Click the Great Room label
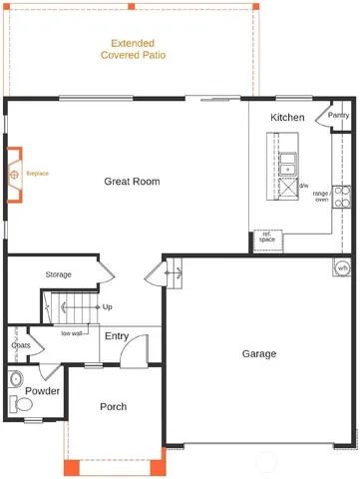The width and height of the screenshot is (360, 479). [133, 182]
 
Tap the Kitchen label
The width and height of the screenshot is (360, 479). [287, 118]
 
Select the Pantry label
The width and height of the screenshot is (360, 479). [339, 115]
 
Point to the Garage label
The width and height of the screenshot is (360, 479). [259, 353]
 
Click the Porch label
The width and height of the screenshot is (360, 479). [113, 407]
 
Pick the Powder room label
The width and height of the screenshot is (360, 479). [43, 391]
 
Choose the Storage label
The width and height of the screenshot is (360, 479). [58, 274]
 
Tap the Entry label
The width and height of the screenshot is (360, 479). [117, 336]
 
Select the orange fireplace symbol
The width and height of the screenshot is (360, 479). [14, 175]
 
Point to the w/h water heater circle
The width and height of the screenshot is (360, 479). [342, 267]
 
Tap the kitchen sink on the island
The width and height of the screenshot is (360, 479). [287, 163]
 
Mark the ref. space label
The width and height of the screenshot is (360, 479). [267, 238]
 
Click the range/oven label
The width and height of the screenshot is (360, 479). [321, 197]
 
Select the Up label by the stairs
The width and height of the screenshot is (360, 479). [107, 307]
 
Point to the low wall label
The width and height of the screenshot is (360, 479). [72, 333]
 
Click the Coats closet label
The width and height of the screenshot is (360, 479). [21, 346]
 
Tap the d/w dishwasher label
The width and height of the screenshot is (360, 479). [304, 187]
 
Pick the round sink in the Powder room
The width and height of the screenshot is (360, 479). [14, 379]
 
